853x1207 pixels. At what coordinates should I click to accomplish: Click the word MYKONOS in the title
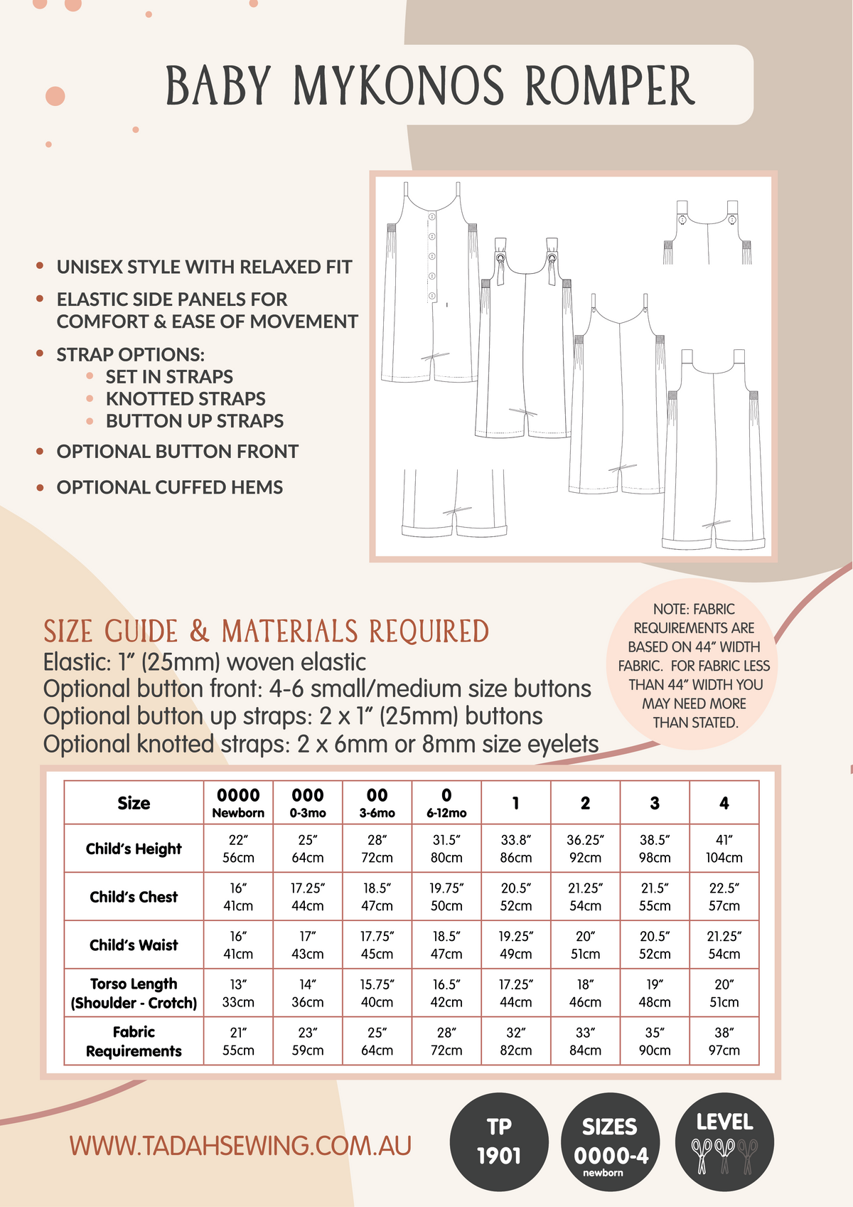coord(399,86)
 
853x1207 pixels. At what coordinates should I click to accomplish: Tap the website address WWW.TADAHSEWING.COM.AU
coord(240,1146)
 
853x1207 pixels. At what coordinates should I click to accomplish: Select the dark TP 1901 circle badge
coord(499,1141)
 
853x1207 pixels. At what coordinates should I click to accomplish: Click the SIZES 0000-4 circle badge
coord(611,1141)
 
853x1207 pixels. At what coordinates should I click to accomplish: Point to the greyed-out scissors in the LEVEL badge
coord(747,1155)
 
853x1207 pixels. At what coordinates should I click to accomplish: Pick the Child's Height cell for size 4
coord(724,849)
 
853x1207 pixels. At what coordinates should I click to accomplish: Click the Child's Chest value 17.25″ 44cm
coord(307,897)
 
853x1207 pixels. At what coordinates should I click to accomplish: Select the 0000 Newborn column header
coord(238,803)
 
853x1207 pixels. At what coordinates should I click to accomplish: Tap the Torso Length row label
coord(134,993)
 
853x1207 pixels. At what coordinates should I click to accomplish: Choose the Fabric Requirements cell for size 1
coord(515,1041)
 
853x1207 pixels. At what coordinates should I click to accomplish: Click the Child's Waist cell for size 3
coord(654,945)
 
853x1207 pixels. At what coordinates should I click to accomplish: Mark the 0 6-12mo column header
coord(446,803)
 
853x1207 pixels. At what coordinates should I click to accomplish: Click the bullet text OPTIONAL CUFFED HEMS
coord(170,487)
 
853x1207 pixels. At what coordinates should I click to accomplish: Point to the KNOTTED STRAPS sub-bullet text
coord(186,399)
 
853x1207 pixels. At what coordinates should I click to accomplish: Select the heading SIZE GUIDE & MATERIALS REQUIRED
coord(266,632)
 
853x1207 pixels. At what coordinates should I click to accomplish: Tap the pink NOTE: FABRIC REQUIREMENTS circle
coord(694,665)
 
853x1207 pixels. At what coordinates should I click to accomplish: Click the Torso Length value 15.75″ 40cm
coord(377,993)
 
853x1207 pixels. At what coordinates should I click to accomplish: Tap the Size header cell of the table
coord(134,803)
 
